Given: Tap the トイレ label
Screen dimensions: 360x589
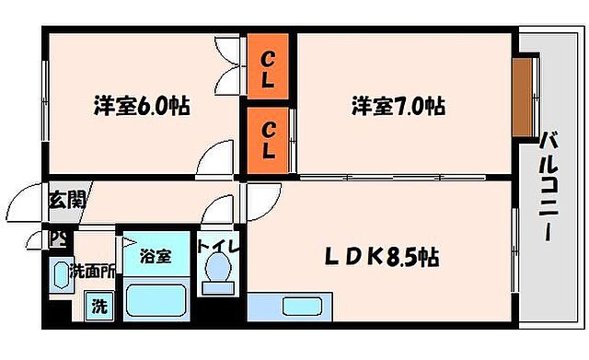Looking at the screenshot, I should [217, 246].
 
